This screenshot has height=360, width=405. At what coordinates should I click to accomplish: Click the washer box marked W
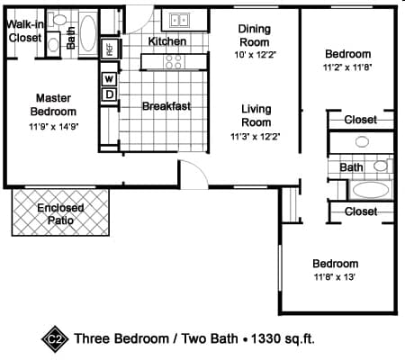[109, 79]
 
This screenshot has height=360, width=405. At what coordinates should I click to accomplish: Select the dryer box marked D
[109, 94]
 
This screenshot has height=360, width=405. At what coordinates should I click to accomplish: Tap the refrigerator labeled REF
[110, 49]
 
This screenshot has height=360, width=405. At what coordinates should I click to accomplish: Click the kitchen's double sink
[179, 21]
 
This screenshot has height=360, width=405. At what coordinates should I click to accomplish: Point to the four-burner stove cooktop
[174, 62]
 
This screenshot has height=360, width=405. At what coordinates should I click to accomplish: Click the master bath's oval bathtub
[88, 33]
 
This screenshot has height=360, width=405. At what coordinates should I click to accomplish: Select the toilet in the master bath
[58, 20]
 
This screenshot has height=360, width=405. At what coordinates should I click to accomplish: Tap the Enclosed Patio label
[60, 214]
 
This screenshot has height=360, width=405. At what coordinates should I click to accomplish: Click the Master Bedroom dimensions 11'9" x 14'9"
[54, 127]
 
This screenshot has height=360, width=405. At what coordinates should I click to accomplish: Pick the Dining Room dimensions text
[255, 55]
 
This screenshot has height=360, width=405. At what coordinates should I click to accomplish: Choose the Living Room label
[256, 115]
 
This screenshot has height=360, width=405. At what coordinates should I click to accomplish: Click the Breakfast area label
[166, 106]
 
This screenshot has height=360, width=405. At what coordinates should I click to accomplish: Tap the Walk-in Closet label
[25, 31]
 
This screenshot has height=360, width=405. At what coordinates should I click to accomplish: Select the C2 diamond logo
[55, 339]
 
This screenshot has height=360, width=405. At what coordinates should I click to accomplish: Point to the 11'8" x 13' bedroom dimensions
[335, 276]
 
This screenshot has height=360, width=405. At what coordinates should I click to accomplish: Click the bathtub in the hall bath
[371, 190]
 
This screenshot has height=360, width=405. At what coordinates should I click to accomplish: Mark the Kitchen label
[167, 41]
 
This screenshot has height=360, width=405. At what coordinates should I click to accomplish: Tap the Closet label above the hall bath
[360, 120]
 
